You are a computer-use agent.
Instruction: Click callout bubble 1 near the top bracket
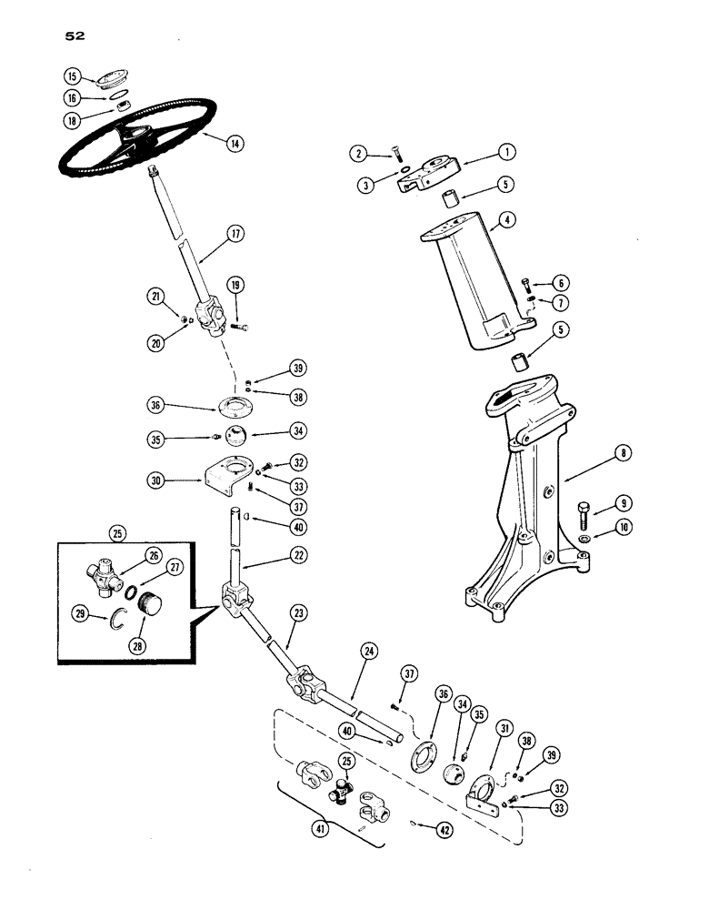click(507, 151)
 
